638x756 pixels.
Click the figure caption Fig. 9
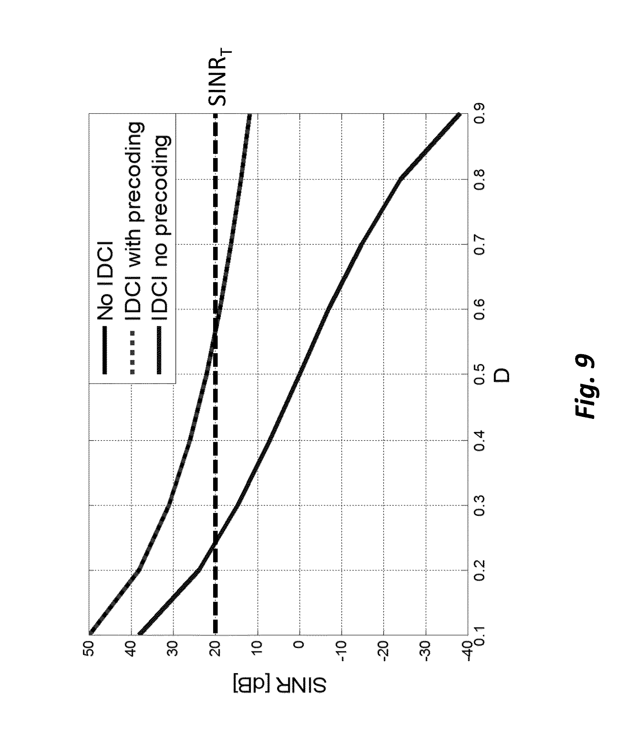(x=584, y=387)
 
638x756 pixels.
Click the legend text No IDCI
(x=105, y=281)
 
